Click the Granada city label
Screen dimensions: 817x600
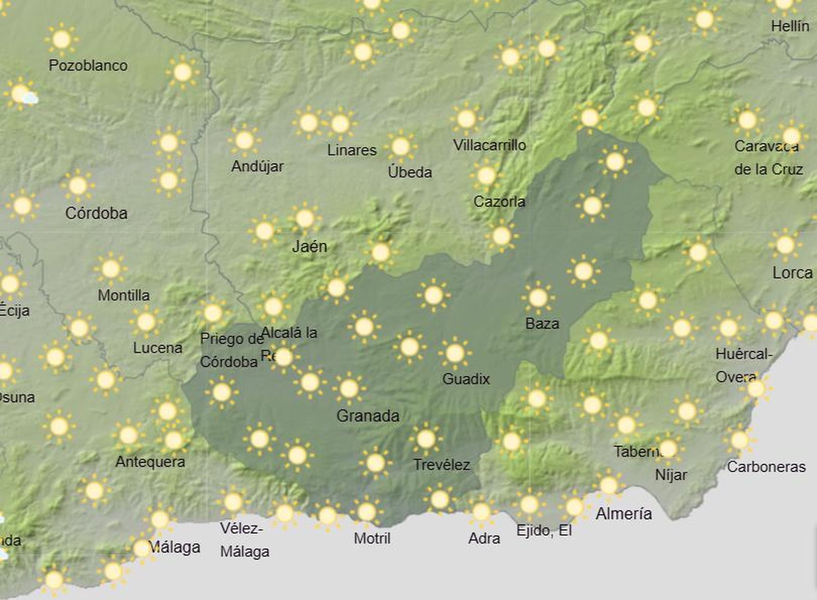click(368, 416)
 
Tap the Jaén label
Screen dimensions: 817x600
click(309, 247)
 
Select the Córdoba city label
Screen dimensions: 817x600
click(96, 213)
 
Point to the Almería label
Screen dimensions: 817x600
click(623, 513)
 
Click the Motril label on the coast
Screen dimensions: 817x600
click(372, 538)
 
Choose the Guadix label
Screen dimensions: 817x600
click(466, 379)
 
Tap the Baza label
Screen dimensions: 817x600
click(542, 323)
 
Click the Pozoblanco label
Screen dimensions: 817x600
click(88, 65)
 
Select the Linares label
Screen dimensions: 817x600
click(352, 150)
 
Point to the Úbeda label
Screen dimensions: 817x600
click(410, 172)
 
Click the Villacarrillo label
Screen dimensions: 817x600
click(489, 145)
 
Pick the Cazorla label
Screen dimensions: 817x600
click(499, 202)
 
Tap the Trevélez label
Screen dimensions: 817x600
click(441, 465)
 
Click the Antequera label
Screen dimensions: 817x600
click(150, 462)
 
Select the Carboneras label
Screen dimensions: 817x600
click(766, 467)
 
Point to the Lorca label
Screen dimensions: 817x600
click(792, 273)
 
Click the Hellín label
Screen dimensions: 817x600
click(790, 26)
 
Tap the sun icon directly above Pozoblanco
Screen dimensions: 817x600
click(61, 39)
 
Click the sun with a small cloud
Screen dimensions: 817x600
click(22, 94)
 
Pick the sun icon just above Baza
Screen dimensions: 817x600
click(538, 297)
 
